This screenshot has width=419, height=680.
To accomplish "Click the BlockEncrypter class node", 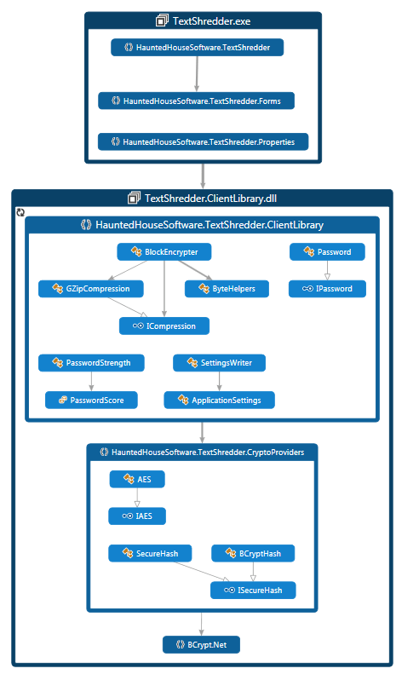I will (x=164, y=252).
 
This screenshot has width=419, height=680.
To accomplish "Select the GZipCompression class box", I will (x=88, y=289).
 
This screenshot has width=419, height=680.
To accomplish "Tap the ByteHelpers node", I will (x=227, y=289).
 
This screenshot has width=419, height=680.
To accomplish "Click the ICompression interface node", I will (x=164, y=326).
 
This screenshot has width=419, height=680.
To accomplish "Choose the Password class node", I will (x=327, y=252).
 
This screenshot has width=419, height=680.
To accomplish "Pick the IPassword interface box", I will (x=327, y=289).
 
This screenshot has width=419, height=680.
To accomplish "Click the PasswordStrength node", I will (x=91, y=363).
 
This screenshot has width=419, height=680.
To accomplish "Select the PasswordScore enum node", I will (x=91, y=400).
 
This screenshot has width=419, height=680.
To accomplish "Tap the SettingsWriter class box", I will (x=219, y=363).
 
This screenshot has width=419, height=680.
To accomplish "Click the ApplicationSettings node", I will (x=219, y=400).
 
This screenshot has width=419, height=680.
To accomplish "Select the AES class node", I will (x=136, y=480).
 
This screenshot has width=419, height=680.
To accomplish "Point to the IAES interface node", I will (x=136, y=516).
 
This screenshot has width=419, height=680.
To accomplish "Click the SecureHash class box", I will (x=149, y=554).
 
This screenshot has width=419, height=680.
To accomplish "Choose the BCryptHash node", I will (x=253, y=554).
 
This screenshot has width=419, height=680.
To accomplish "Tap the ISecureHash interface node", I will (x=253, y=590).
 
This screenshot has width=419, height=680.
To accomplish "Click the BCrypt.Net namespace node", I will (x=202, y=645).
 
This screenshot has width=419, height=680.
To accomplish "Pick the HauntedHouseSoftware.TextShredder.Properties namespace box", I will (x=202, y=141).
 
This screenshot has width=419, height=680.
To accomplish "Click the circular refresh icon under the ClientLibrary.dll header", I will (x=20, y=210).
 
